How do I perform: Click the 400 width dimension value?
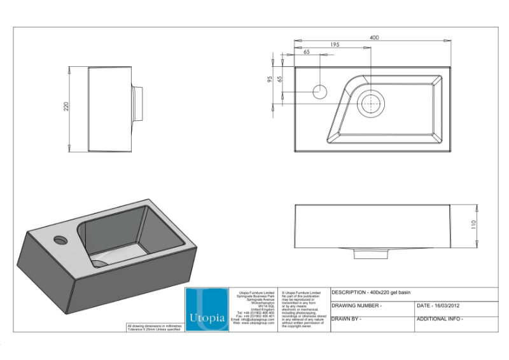374,38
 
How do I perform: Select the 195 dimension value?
335,45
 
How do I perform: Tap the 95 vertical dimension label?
270,80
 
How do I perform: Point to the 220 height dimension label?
66,107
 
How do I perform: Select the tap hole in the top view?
320,90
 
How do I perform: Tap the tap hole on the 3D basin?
60,240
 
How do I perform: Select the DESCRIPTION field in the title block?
371,293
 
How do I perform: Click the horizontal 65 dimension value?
307,52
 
